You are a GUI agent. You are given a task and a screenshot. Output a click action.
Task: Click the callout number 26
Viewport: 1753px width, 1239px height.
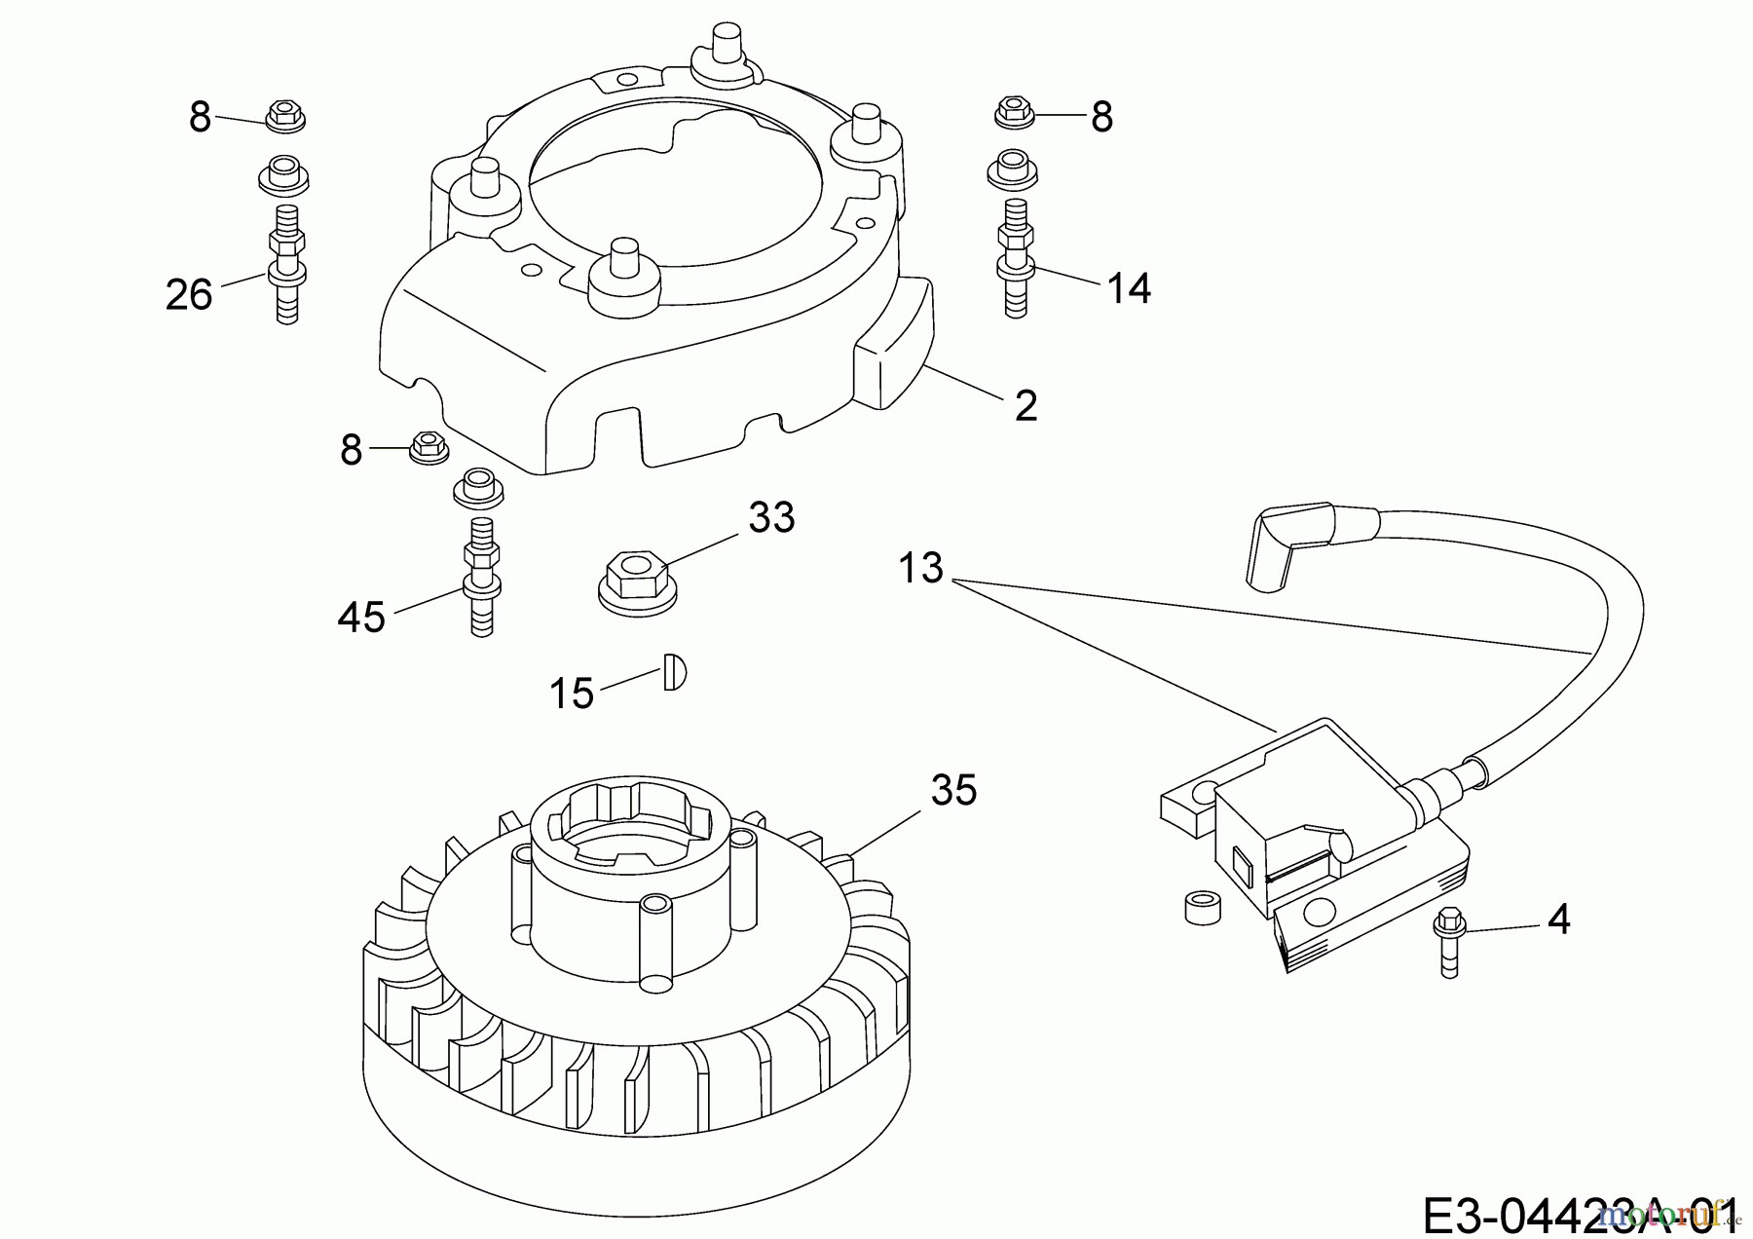(189, 293)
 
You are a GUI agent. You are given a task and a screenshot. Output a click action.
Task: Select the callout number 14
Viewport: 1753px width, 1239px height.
(1129, 288)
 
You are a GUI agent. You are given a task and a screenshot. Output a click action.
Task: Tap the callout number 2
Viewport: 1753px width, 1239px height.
(1026, 405)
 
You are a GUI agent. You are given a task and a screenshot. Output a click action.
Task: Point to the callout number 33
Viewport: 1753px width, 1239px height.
(771, 517)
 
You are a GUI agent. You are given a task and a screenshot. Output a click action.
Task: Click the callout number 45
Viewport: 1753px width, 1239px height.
(361, 617)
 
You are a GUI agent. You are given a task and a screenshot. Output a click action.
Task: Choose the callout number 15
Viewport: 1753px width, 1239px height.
(572, 694)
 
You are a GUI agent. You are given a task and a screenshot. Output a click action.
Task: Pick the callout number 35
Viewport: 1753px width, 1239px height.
(952, 790)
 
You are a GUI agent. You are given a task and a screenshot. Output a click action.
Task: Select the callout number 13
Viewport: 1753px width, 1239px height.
(921, 568)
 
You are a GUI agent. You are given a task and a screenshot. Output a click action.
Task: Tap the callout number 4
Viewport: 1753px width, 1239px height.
(1558, 920)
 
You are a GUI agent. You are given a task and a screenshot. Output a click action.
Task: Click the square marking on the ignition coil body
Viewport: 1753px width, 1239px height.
(1243, 860)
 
